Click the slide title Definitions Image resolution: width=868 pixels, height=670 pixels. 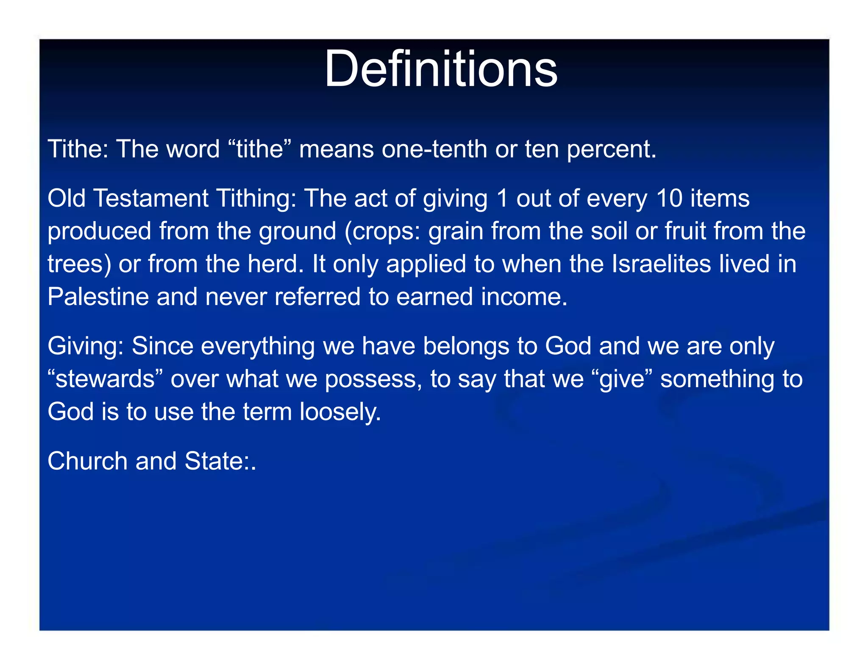[x=441, y=69]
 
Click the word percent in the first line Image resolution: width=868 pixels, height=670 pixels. [x=612, y=149]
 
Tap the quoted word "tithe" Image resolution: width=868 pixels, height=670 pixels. [x=260, y=149]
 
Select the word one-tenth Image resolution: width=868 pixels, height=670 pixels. [x=434, y=149]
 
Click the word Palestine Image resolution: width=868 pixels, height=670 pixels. [x=98, y=296]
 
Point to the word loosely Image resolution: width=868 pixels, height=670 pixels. [x=340, y=412]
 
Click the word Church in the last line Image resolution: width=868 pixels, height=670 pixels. [x=87, y=461]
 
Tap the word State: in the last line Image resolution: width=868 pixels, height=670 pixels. [x=219, y=461]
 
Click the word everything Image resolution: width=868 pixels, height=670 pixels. [x=258, y=346]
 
